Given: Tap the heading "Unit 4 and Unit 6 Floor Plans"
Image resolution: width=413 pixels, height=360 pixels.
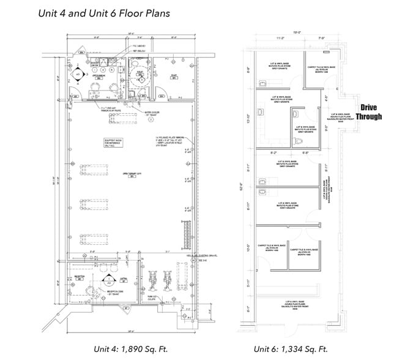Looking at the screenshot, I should click(x=104, y=13).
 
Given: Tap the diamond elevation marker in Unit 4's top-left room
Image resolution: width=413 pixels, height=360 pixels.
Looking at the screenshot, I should click(x=78, y=75).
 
